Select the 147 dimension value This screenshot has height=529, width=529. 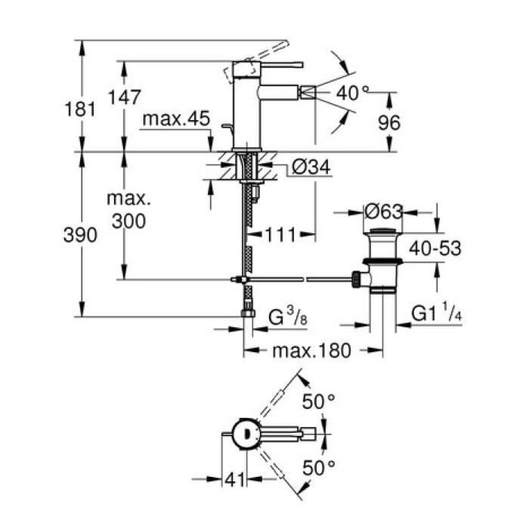click(x=124, y=96)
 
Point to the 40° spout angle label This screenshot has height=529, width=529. click(x=353, y=94)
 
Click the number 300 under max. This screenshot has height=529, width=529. click(x=128, y=220)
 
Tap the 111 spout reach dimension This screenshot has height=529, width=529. click(x=279, y=235)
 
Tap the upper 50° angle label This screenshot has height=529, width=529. click(x=318, y=401)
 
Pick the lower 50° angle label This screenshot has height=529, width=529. click(x=318, y=468)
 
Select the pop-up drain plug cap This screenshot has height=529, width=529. click(x=383, y=230)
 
